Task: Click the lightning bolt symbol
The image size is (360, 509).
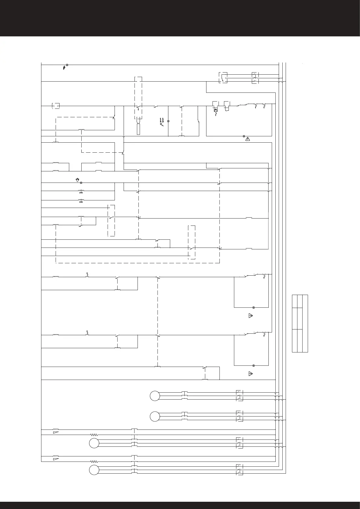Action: [64, 67]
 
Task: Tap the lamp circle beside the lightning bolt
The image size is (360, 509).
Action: [67, 65]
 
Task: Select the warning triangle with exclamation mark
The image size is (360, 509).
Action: [248, 139]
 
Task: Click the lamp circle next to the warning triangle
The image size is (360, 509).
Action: [244, 136]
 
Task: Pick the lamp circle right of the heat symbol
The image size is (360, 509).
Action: [168, 121]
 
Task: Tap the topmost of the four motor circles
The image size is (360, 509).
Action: [155, 396]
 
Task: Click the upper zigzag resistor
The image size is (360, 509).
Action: [94, 435]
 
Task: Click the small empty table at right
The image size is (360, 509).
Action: [300, 323]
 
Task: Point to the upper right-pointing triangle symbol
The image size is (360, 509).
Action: [250, 316]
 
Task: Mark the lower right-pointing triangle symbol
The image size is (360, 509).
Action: [250, 374]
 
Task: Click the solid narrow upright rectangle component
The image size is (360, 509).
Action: [138, 129]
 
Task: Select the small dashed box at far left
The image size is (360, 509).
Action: [56, 106]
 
